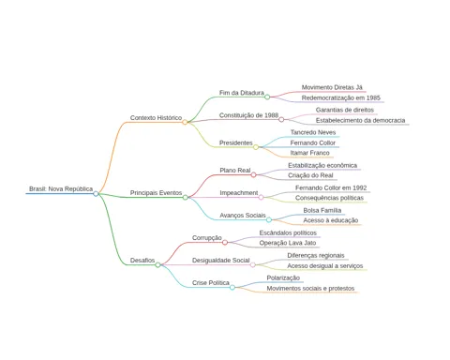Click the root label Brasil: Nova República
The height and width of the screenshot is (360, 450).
click(61, 188)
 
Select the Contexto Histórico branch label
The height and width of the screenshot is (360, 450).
click(156, 118)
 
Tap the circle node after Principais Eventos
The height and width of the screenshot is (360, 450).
click(186, 197)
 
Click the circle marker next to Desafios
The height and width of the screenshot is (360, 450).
click(157, 265)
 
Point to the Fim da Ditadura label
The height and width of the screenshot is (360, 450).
click(242, 93)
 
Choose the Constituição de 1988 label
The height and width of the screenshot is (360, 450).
click(248, 115)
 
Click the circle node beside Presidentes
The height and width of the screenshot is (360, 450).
click(256, 147)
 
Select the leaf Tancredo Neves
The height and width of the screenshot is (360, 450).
click(313, 132)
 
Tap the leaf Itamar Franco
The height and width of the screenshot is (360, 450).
click(309, 153)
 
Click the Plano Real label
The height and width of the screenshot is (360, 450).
click(235, 171)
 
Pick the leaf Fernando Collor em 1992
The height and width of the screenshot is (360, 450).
click(331, 187)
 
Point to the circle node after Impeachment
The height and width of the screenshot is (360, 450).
click(261, 197)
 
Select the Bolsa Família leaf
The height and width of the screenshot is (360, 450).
click(322, 210)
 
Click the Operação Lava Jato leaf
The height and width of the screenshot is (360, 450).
click(288, 243)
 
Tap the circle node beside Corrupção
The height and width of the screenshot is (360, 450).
click(225, 242)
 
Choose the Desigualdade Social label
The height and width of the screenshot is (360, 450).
click(221, 261)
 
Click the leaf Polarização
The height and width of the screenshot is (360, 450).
click(283, 277)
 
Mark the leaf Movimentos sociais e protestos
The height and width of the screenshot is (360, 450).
click(310, 289)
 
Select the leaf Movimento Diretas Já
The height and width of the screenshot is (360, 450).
click(332, 87)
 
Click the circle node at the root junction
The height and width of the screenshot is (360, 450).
click(96, 194)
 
